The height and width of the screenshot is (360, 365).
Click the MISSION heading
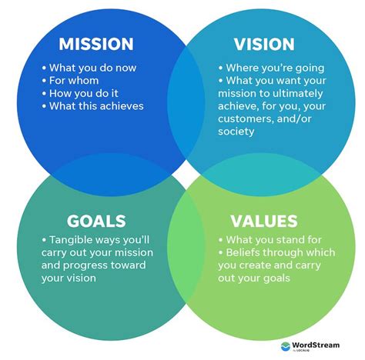click(95, 44)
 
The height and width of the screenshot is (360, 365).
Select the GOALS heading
click(96, 222)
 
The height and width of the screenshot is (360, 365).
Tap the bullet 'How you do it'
click(85, 92)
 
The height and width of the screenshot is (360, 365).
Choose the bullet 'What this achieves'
click(96, 106)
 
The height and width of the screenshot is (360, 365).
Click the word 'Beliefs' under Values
click(246, 253)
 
